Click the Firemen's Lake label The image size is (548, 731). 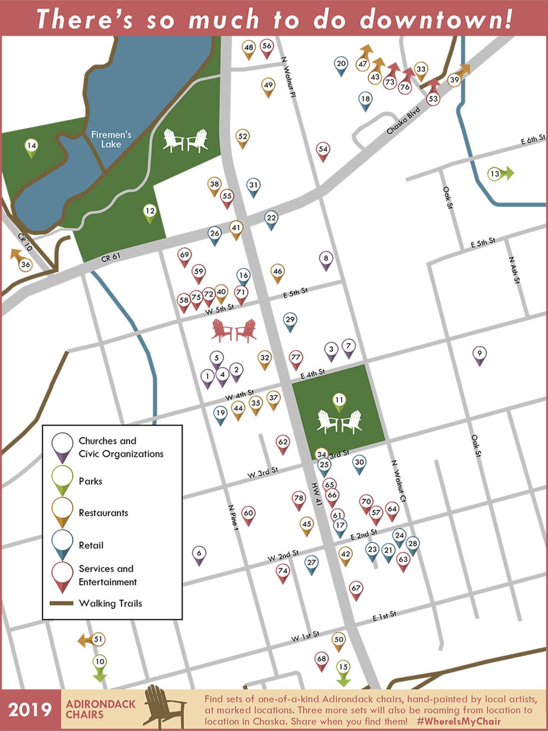[x=111, y=140]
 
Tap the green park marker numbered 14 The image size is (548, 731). [x=31, y=146]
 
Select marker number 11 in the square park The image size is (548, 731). [x=339, y=401]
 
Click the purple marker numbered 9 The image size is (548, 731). [x=479, y=354]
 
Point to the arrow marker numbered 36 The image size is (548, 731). [x=24, y=264]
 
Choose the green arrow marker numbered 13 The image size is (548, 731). [x=499, y=174]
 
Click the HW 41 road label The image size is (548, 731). [x=317, y=493]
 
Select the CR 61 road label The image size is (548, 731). [x=111, y=258]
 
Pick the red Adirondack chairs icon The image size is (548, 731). [x=234, y=331]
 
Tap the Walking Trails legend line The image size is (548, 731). [x=61, y=603]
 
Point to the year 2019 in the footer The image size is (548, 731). [x=30, y=710]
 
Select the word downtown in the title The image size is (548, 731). [x=436, y=20]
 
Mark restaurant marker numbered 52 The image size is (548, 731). [x=243, y=137]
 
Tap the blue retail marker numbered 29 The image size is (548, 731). [x=290, y=320]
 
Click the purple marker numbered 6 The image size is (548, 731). [x=199, y=554]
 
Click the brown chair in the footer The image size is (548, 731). [x=164, y=707]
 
